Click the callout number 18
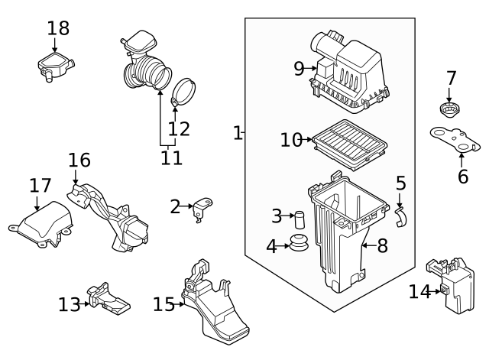click(58, 29)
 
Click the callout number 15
click(164, 304)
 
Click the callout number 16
click(79, 161)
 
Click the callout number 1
click(237, 133)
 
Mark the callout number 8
click(382, 245)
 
